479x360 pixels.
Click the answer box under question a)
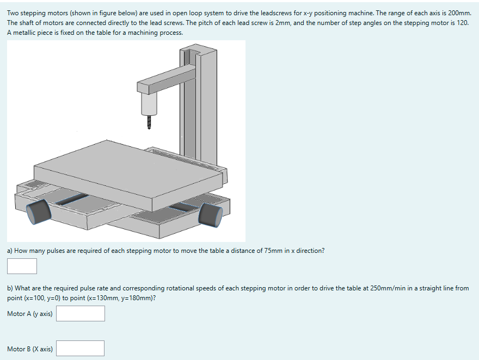pos(22,266)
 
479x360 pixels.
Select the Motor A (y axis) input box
pos(81,313)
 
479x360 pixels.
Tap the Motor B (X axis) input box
pos(81,348)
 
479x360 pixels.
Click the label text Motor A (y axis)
pos(30,314)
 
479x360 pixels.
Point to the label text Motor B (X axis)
pos(30,349)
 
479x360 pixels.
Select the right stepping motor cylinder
pos(210,215)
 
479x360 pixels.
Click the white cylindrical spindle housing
pos(149,103)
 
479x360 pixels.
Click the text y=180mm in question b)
pos(129,298)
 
